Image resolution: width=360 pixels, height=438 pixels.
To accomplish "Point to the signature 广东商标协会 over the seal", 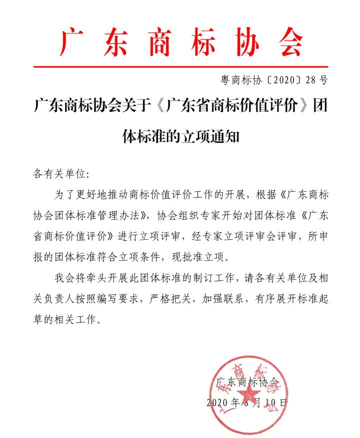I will coord(248,383).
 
